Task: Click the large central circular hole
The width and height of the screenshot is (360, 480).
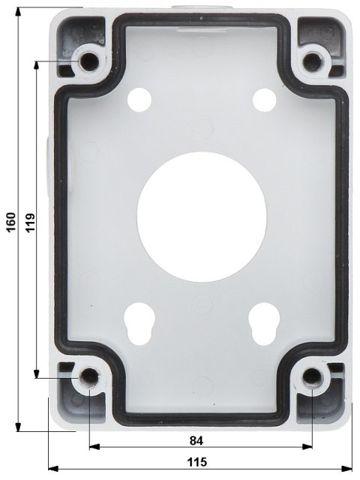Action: (x=201, y=207)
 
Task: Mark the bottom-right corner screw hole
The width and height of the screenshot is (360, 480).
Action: (x=312, y=376)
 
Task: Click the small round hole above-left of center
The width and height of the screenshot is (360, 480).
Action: (x=139, y=98)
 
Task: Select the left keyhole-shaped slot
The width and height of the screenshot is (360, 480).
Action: (x=139, y=319)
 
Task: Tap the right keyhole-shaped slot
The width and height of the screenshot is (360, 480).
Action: (x=262, y=319)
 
